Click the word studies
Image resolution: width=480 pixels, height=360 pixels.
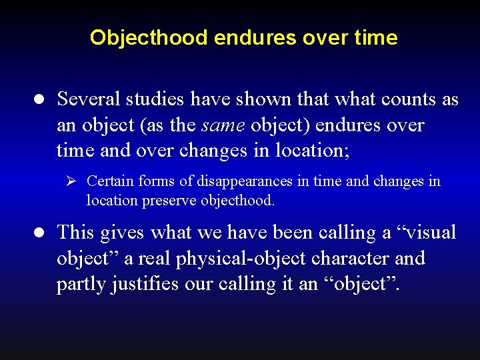click(x=155, y=99)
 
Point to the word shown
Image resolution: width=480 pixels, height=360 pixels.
click(x=275, y=99)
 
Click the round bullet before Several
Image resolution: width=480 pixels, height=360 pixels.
click(x=39, y=100)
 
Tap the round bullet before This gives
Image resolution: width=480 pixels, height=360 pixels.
click(x=39, y=233)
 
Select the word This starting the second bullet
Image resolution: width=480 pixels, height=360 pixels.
click(x=76, y=232)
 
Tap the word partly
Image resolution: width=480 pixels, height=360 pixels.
click(x=79, y=284)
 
